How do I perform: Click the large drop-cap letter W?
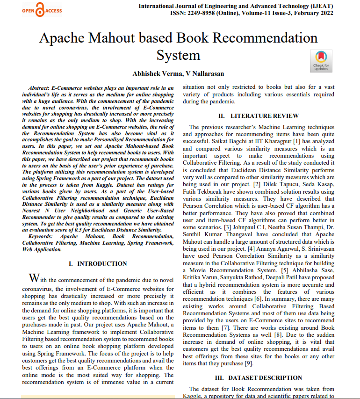pos(34,278)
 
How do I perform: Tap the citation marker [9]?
pos(249,363)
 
